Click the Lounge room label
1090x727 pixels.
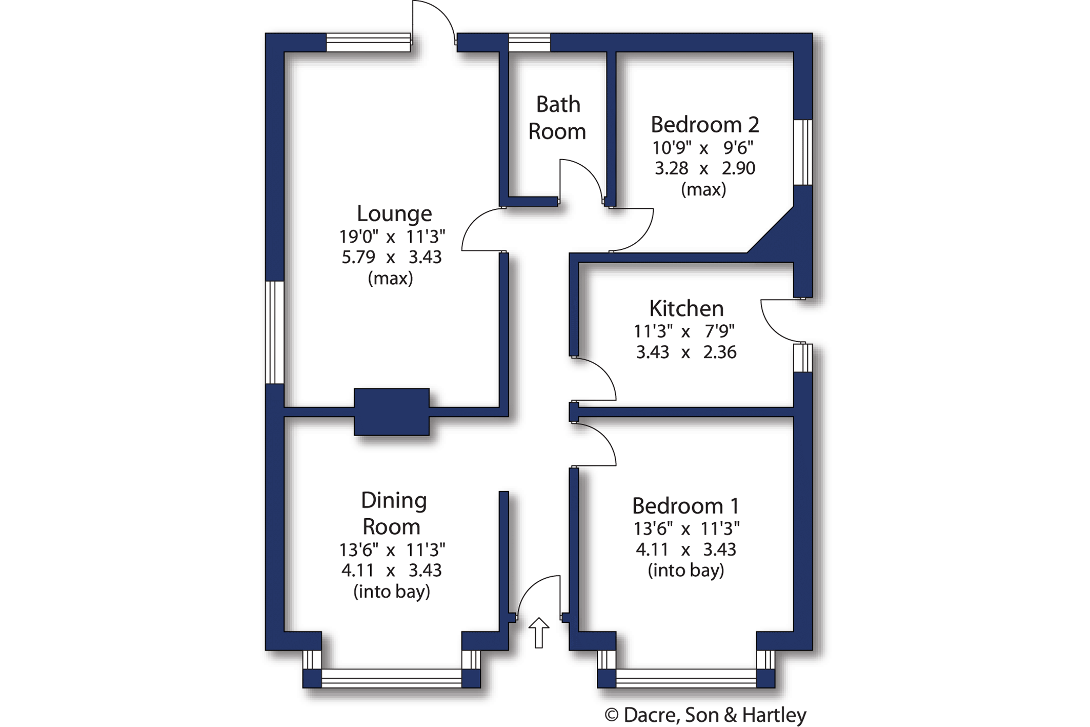394,213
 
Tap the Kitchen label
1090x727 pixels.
687,308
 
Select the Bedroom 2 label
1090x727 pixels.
704,125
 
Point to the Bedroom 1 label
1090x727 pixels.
685,506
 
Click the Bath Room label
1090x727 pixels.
557,118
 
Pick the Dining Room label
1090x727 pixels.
393,513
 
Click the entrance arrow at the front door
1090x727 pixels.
538,633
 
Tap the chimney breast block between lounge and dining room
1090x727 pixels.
392,412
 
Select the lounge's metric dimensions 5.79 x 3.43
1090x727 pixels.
392,257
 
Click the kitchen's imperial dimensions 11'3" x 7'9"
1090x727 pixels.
684,331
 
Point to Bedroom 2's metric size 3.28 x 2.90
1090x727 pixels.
705,168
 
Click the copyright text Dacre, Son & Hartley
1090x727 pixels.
705,715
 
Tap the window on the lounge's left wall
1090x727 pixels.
275,332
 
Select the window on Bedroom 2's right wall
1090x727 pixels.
803,152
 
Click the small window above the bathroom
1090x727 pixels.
529,43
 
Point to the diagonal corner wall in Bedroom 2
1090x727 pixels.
771,230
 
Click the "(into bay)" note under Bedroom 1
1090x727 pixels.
686,570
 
